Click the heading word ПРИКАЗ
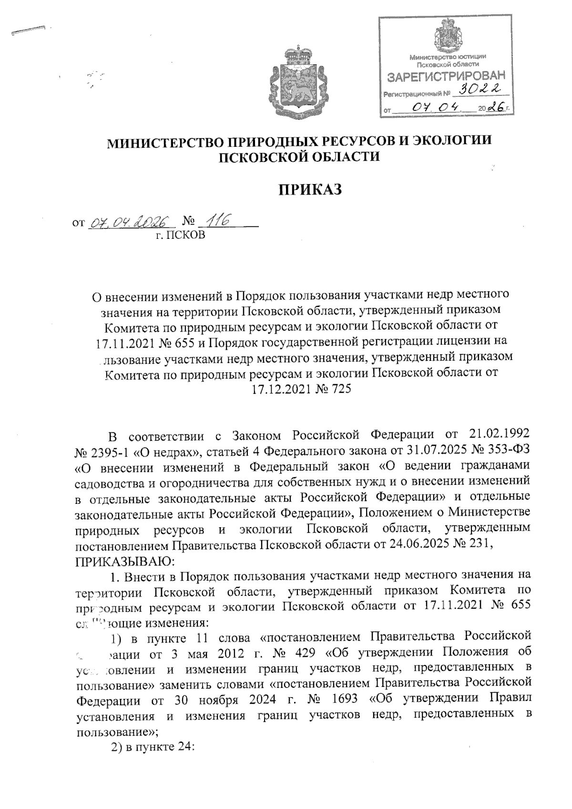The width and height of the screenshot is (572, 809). pyautogui.click(x=310, y=189)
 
